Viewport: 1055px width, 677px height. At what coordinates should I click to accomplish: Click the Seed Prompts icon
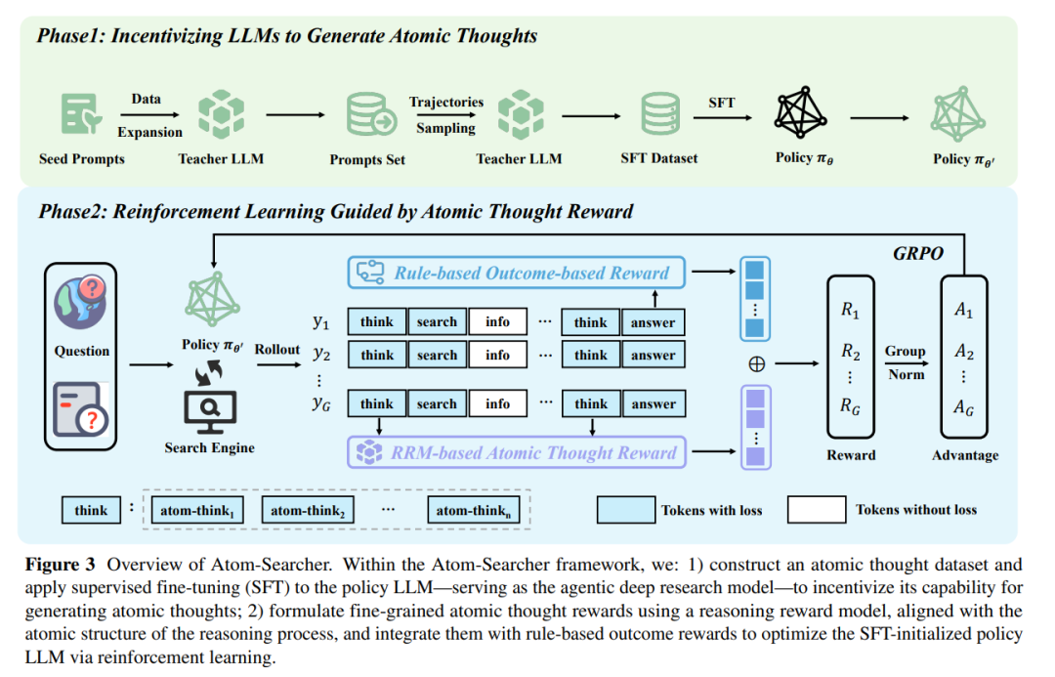(x=81, y=114)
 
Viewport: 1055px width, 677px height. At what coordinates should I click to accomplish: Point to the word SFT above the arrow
(x=721, y=102)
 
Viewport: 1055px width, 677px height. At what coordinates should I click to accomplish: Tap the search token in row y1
(x=436, y=322)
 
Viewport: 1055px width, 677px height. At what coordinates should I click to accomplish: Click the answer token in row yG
(x=653, y=403)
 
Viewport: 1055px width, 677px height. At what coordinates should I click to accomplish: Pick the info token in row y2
(x=497, y=356)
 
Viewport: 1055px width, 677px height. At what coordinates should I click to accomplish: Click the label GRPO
(x=917, y=252)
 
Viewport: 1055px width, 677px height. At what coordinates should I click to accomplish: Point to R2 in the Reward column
(x=851, y=353)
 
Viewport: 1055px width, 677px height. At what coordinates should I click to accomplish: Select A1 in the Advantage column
(x=964, y=313)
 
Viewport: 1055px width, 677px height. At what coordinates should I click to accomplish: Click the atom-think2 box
(x=307, y=510)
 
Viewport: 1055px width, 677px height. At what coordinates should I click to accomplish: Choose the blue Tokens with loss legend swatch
(x=625, y=510)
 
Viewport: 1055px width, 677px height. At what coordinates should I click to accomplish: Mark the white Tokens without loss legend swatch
(x=817, y=510)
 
